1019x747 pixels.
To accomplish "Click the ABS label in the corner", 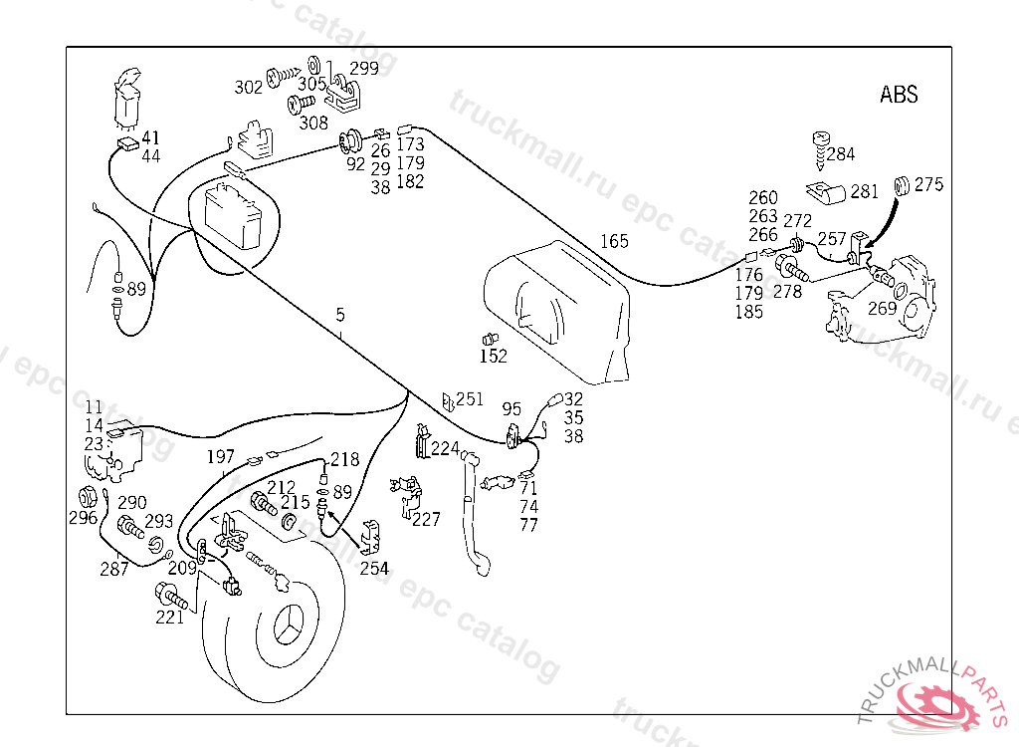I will click(899, 95).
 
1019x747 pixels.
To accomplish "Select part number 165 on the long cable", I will click(614, 241).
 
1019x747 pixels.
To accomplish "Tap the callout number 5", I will click(340, 315).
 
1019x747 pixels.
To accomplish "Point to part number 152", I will click(494, 356).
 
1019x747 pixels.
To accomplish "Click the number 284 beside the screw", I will click(840, 154).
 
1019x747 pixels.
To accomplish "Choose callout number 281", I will click(864, 190).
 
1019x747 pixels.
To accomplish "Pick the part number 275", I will click(928, 184).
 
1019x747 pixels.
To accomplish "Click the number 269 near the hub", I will click(882, 308).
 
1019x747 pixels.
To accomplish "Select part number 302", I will click(249, 87).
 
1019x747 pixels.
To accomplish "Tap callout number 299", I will click(363, 69).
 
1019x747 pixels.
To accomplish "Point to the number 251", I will click(470, 399).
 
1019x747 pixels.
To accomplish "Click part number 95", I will click(511, 408).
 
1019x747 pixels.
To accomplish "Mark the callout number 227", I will click(426, 519).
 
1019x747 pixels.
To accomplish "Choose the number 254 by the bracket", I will click(374, 569).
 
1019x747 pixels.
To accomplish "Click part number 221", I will click(170, 618).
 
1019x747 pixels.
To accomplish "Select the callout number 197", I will click(221, 457).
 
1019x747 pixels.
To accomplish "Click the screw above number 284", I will click(823, 139).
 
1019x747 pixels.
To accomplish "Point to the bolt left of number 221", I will click(170, 598).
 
